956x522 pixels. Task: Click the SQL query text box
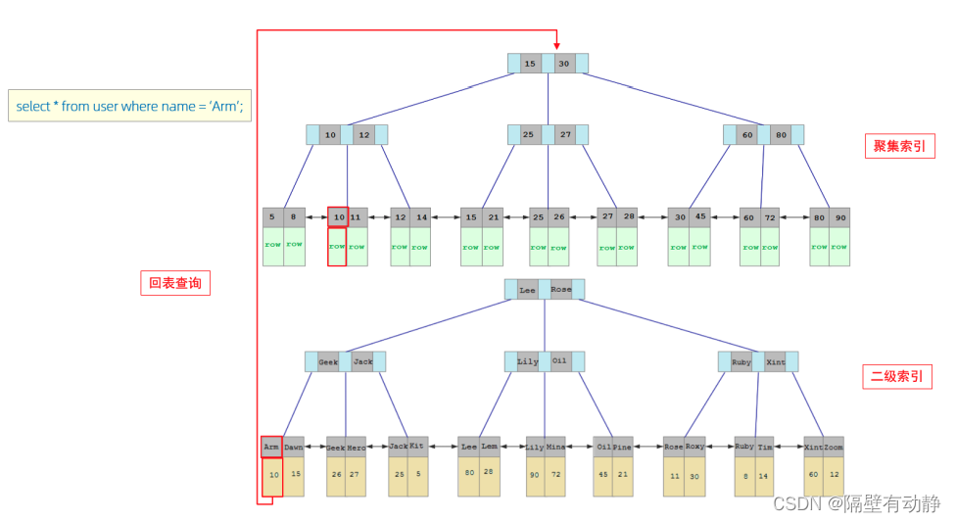click(129, 106)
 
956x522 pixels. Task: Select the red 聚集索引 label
click(898, 147)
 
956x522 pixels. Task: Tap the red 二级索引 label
click(896, 377)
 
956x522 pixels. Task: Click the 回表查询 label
click(174, 283)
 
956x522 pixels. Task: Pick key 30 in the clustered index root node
click(564, 64)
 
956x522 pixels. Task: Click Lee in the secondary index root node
click(527, 290)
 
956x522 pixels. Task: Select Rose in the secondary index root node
click(560, 290)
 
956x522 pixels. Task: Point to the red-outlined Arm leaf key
click(271, 448)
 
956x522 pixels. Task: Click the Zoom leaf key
click(834, 448)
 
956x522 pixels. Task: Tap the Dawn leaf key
click(294, 448)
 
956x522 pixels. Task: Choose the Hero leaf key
click(357, 448)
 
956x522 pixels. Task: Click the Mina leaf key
click(555, 448)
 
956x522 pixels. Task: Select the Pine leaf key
click(623, 448)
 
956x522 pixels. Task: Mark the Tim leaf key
click(765, 448)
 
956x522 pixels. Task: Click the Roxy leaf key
click(694, 448)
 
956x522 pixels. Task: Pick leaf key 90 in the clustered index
click(839, 217)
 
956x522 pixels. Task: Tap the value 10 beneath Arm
click(272, 475)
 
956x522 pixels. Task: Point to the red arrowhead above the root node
click(555, 44)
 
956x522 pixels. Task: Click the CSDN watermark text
click(856, 503)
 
